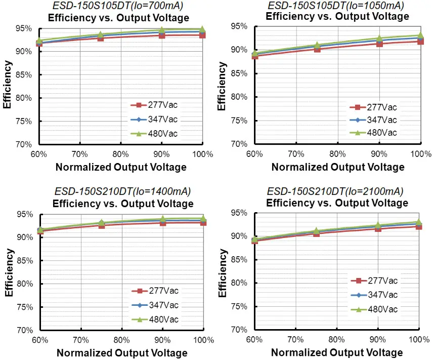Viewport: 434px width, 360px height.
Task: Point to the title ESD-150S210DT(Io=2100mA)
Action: (335, 191)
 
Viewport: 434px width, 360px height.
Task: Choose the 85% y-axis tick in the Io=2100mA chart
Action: (239, 260)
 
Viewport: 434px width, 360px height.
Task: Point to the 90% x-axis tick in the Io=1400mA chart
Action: (162, 340)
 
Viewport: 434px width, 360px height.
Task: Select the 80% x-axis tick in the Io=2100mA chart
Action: (337, 339)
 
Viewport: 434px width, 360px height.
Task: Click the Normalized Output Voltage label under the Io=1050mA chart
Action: (337, 167)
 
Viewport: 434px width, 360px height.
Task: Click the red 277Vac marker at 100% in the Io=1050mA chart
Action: (420, 41)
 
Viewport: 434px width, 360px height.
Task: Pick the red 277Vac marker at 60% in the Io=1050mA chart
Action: (254, 56)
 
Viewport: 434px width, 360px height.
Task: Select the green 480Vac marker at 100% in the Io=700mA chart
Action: (202, 30)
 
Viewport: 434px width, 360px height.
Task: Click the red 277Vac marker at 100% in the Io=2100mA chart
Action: (419, 226)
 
